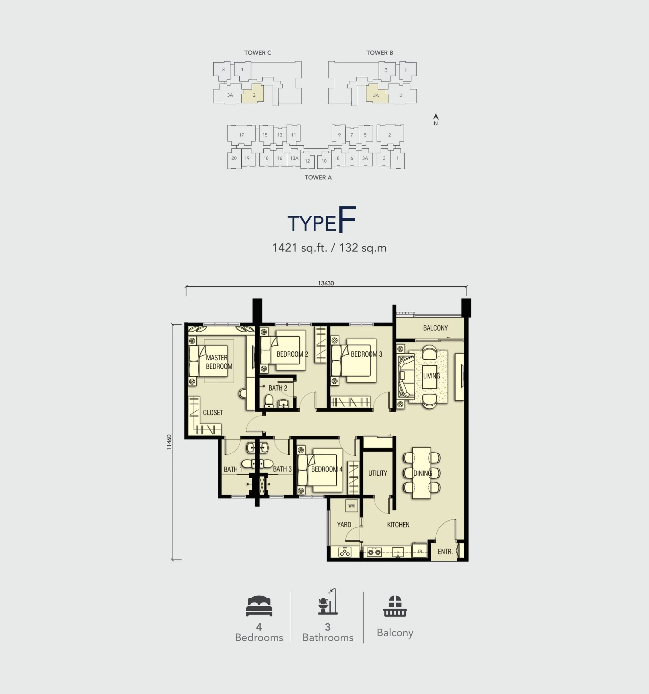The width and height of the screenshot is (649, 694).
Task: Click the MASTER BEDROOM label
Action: click(219, 362)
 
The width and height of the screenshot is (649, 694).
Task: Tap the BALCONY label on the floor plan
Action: click(435, 328)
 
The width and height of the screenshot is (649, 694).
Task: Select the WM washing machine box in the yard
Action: click(351, 506)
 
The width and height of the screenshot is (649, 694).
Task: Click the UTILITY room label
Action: click(378, 473)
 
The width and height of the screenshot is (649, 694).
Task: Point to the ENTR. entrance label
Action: click(445, 552)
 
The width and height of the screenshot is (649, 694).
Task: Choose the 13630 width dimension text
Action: click(326, 283)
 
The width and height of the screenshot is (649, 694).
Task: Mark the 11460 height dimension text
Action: click(169, 442)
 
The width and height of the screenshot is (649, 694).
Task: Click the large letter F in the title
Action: click(347, 219)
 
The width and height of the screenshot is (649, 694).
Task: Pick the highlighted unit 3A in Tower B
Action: click(377, 94)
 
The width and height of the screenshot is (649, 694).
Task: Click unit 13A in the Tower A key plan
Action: click(294, 158)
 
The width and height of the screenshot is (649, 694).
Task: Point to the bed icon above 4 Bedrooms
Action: click(259, 606)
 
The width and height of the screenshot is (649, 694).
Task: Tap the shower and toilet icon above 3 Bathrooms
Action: click(328, 602)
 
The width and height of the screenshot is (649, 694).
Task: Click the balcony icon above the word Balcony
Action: click(395, 606)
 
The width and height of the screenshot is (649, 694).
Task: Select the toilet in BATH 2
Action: click(268, 401)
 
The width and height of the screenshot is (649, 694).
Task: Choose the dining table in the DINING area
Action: click(422, 473)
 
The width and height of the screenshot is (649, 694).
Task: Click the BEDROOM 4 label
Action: click(327, 469)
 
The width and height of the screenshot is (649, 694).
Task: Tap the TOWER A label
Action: click(318, 177)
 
